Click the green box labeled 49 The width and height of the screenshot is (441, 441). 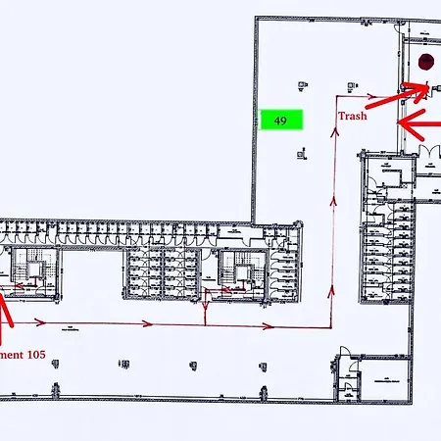pyautogui.click(x=280, y=121)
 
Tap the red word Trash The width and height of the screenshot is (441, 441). pyautogui.click(x=353, y=116)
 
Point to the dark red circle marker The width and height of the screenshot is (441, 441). pyautogui.click(x=425, y=62)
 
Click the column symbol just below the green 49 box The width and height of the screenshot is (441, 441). pyautogui.click(x=301, y=152)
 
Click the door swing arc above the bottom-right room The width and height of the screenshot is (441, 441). pyautogui.click(x=345, y=352)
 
